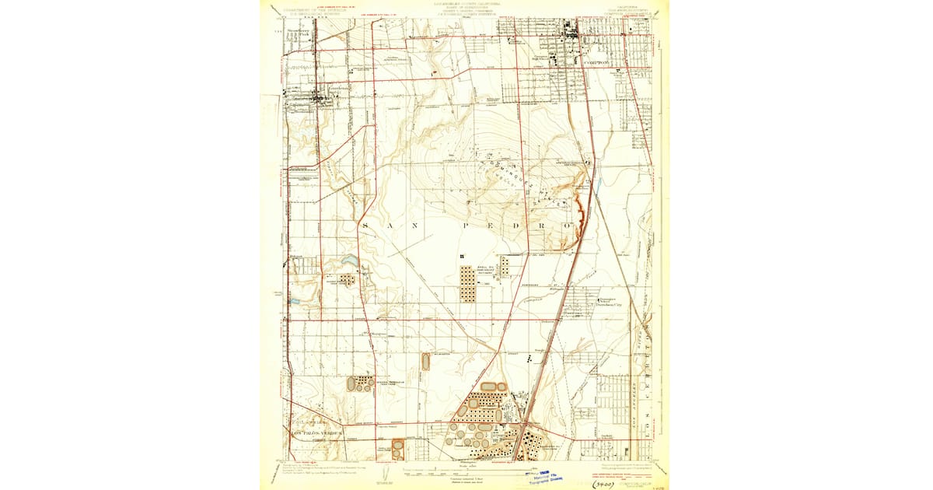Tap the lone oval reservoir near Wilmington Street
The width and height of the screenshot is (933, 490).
click(x=425, y=361)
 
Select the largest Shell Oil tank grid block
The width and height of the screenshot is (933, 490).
click(x=467, y=283)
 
